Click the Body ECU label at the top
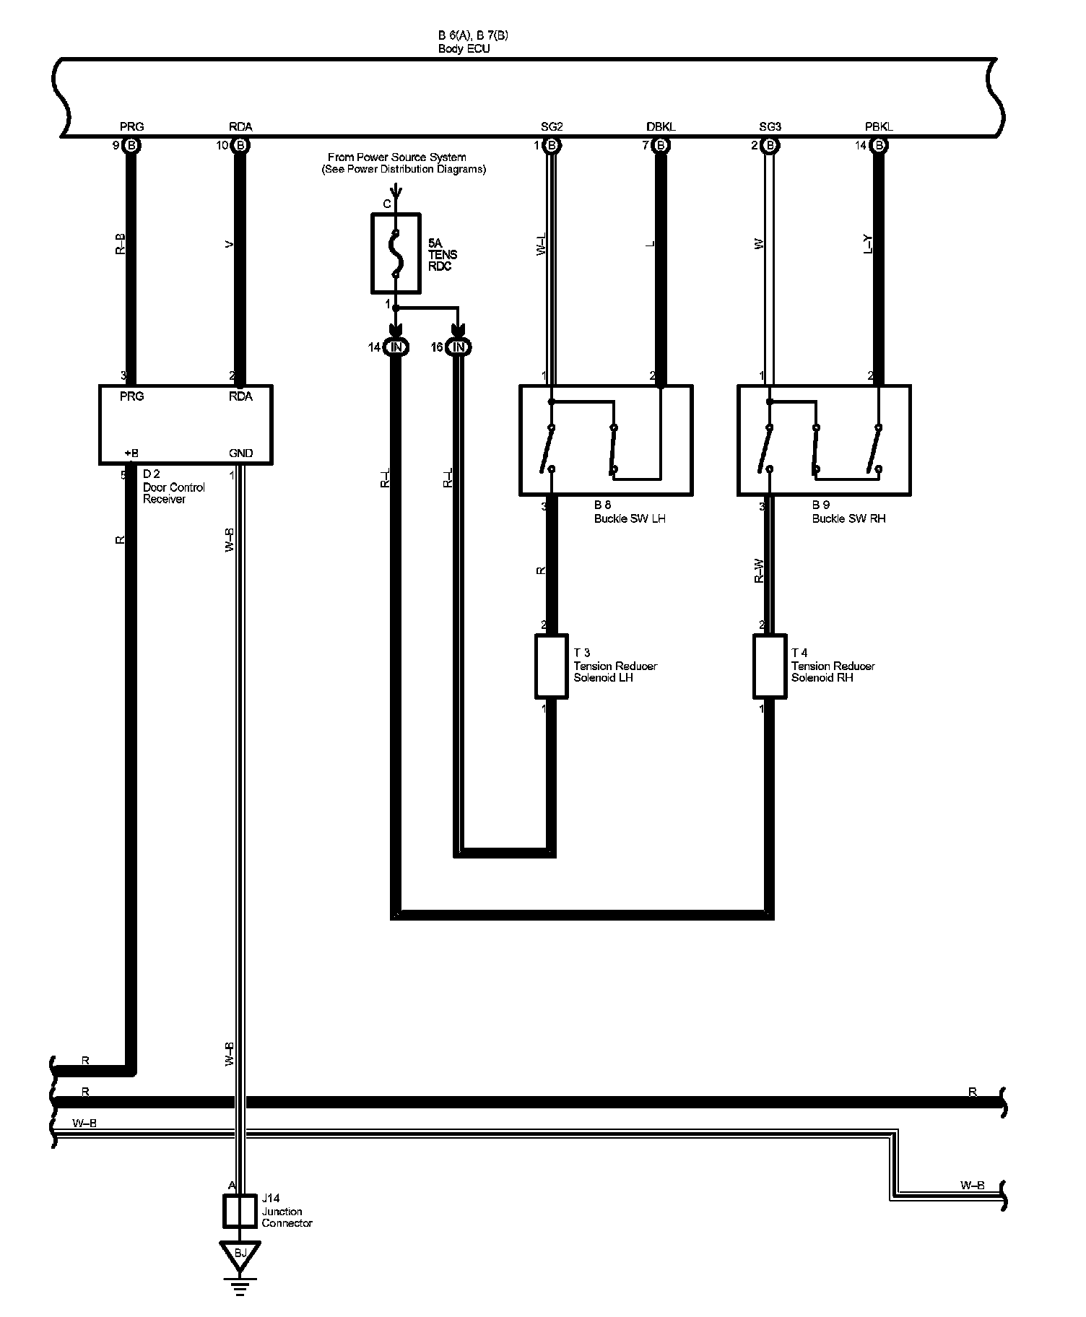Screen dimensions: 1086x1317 point(464,49)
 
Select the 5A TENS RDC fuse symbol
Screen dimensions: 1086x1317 point(396,253)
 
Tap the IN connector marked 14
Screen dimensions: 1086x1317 point(396,347)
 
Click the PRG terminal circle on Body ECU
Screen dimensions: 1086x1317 point(131,146)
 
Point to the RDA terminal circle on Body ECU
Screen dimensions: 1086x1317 point(241,146)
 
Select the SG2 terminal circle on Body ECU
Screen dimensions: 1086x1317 point(552,146)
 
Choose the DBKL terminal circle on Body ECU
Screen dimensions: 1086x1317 point(661,146)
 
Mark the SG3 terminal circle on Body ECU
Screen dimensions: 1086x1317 point(770,146)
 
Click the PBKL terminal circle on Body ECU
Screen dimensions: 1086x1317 point(879,146)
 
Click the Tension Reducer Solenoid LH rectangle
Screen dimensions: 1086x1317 point(551,666)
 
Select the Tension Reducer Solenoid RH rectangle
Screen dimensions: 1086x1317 point(769,666)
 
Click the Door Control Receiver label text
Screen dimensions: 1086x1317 point(173,493)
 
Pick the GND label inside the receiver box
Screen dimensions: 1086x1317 point(240,453)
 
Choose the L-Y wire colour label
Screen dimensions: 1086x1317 point(868,245)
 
